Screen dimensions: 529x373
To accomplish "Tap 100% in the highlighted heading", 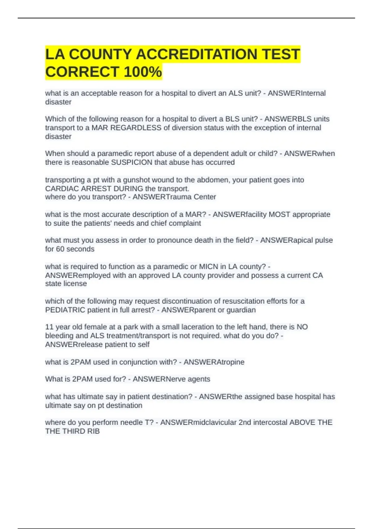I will pyautogui.click(x=143, y=72).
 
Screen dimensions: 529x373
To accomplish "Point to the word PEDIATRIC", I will pyautogui.click(x=65, y=310).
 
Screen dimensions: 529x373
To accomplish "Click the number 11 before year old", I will pyautogui.click(x=49, y=327).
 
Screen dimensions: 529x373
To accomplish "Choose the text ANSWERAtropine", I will pyautogui.click(x=214, y=362).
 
